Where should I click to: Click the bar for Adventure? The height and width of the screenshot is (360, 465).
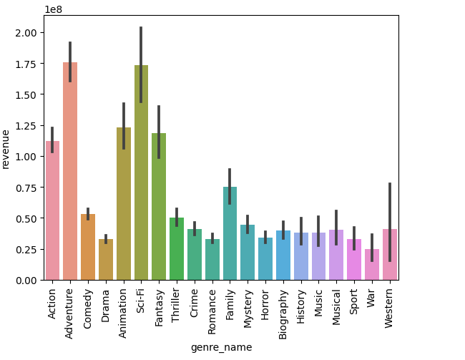click(70, 172)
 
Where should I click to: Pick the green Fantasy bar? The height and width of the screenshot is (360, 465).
click(159, 207)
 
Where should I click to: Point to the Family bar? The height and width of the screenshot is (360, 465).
click(230, 233)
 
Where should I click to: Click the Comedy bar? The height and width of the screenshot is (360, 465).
click(88, 247)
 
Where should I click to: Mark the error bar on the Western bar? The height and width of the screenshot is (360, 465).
click(390, 222)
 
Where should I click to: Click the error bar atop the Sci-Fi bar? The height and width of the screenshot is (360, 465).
click(141, 64)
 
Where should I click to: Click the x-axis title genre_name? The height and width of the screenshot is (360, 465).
click(221, 347)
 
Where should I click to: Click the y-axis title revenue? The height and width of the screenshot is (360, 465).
click(6, 148)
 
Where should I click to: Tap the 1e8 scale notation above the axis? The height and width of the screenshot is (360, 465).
click(54, 9)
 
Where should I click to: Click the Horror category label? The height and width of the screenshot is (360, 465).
click(265, 303)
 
